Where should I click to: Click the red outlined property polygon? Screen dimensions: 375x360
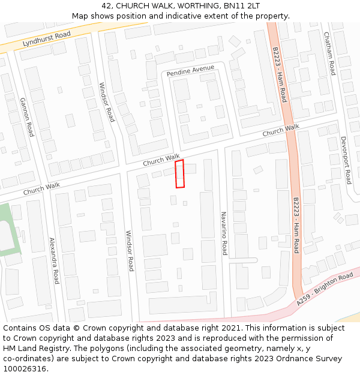(x=179, y=174)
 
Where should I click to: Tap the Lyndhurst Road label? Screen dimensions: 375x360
(x=46, y=40)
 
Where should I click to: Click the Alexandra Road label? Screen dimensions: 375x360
(x=54, y=260)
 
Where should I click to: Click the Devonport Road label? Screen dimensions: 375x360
(x=345, y=160)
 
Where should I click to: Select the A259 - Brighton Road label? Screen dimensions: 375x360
(x=325, y=290)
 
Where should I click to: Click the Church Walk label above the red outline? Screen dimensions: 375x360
(x=161, y=160)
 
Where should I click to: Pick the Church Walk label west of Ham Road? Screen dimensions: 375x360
(x=280, y=130)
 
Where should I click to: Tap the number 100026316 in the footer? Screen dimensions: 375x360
(x=25, y=369)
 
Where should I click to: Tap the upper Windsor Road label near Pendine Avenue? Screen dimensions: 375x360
(x=107, y=102)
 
